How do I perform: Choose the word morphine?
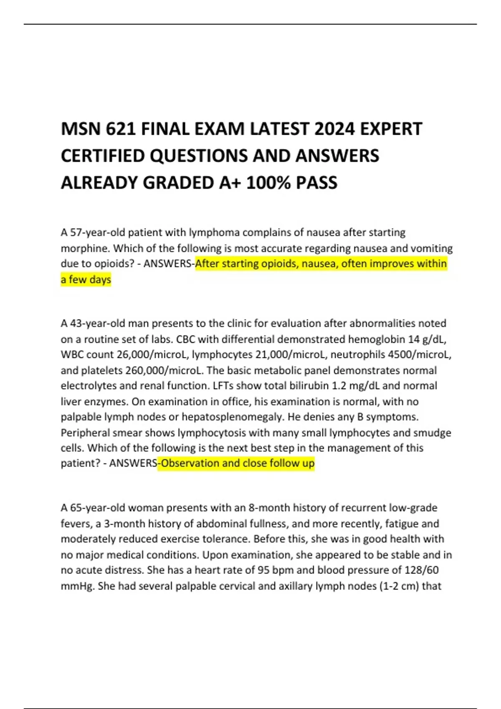[x=85, y=248]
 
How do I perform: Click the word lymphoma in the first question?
[x=215, y=232]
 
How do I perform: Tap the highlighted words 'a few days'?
[x=86, y=279]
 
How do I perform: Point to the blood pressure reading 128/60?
[x=421, y=570]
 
